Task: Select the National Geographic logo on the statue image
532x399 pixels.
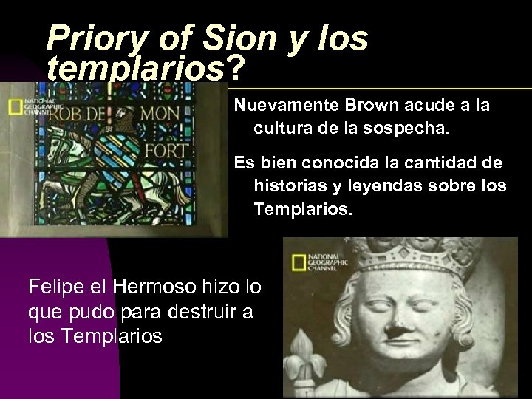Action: (x=310, y=262)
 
